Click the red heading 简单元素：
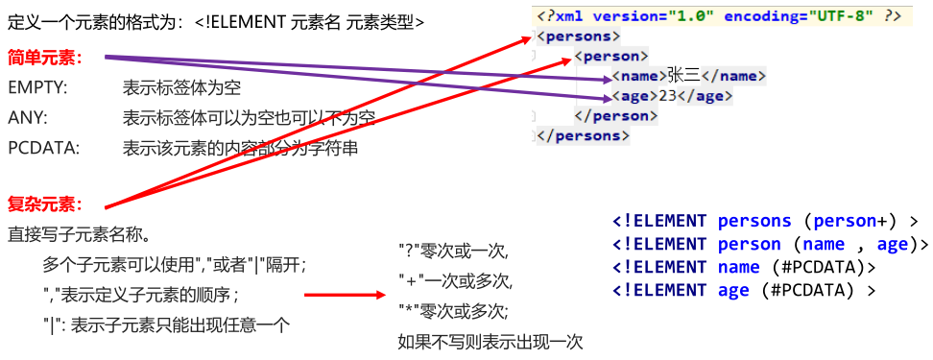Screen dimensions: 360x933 (x=44, y=58)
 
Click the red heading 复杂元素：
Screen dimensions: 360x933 (x=44, y=204)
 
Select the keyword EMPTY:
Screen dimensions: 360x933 (x=37, y=88)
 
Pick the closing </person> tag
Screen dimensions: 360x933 (x=615, y=116)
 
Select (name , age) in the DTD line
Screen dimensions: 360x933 (x=853, y=244)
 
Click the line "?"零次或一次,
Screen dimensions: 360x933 (x=452, y=252)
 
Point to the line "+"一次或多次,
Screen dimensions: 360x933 (x=455, y=281)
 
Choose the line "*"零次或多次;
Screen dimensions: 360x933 (x=453, y=311)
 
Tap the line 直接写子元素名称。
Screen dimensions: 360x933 (x=77, y=234)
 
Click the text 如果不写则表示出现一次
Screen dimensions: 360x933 (x=490, y=341)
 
